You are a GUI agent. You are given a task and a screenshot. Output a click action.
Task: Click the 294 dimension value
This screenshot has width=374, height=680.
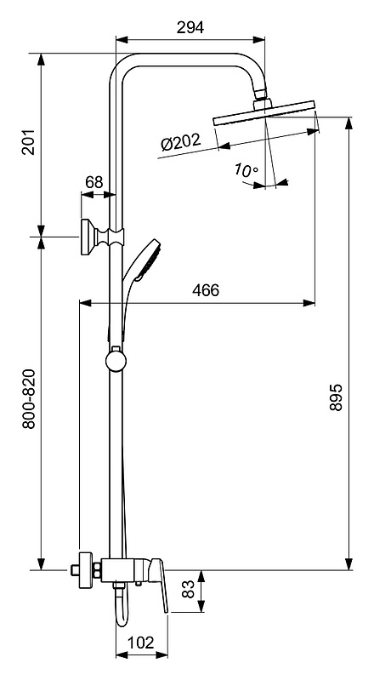pyautogui.click(x=190, y=27)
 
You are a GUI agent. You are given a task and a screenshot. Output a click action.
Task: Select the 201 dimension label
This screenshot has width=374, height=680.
pyautogui.click(x=29, y=141)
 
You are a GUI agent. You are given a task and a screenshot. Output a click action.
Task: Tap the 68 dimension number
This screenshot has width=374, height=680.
pyautogui.click(x=93, y=182)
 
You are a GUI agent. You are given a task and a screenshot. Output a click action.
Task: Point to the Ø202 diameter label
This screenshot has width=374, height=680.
pyautogui.click(x=181, y=142)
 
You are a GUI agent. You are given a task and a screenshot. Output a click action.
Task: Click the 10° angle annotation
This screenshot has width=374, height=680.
pyautogui.click(x=246, y=169)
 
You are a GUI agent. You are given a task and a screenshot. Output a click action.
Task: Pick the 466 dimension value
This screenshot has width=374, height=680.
pyautogui.click(x=206, y=290)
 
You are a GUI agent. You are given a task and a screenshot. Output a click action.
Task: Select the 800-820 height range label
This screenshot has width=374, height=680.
pyautogui.click(x=29, y=399)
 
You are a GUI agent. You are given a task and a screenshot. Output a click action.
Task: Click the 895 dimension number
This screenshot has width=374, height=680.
pyautogui.click(x=336, y=397)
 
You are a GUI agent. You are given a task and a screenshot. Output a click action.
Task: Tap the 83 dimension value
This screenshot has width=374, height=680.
pyautogui.click(x=189, y=590)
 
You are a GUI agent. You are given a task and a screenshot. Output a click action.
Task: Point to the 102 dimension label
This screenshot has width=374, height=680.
pyautogui.click(x=141, y=643)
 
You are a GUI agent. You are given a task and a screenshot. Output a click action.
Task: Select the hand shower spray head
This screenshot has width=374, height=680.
pyautogui.click(x=148, y=259)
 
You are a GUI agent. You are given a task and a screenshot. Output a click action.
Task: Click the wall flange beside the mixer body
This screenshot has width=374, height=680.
pyautogui.click(x=85, y=570)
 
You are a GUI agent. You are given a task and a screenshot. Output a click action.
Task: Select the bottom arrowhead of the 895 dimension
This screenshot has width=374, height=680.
pyautogui.click(x=348, y=564)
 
